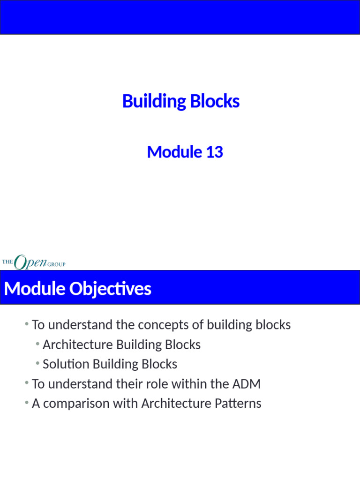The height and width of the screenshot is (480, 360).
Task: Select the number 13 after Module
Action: click(x=214, y=152)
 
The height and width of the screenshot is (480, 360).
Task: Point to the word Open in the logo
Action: click(x=30, y=262)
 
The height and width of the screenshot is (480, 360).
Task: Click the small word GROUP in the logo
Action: click(x=56, y=264)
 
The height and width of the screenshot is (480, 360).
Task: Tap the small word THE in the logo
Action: click(x=7, y=262)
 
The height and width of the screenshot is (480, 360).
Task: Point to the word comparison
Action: click(x=73, y=404)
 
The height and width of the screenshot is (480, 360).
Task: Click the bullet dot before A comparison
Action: click(x=27, y=403)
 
